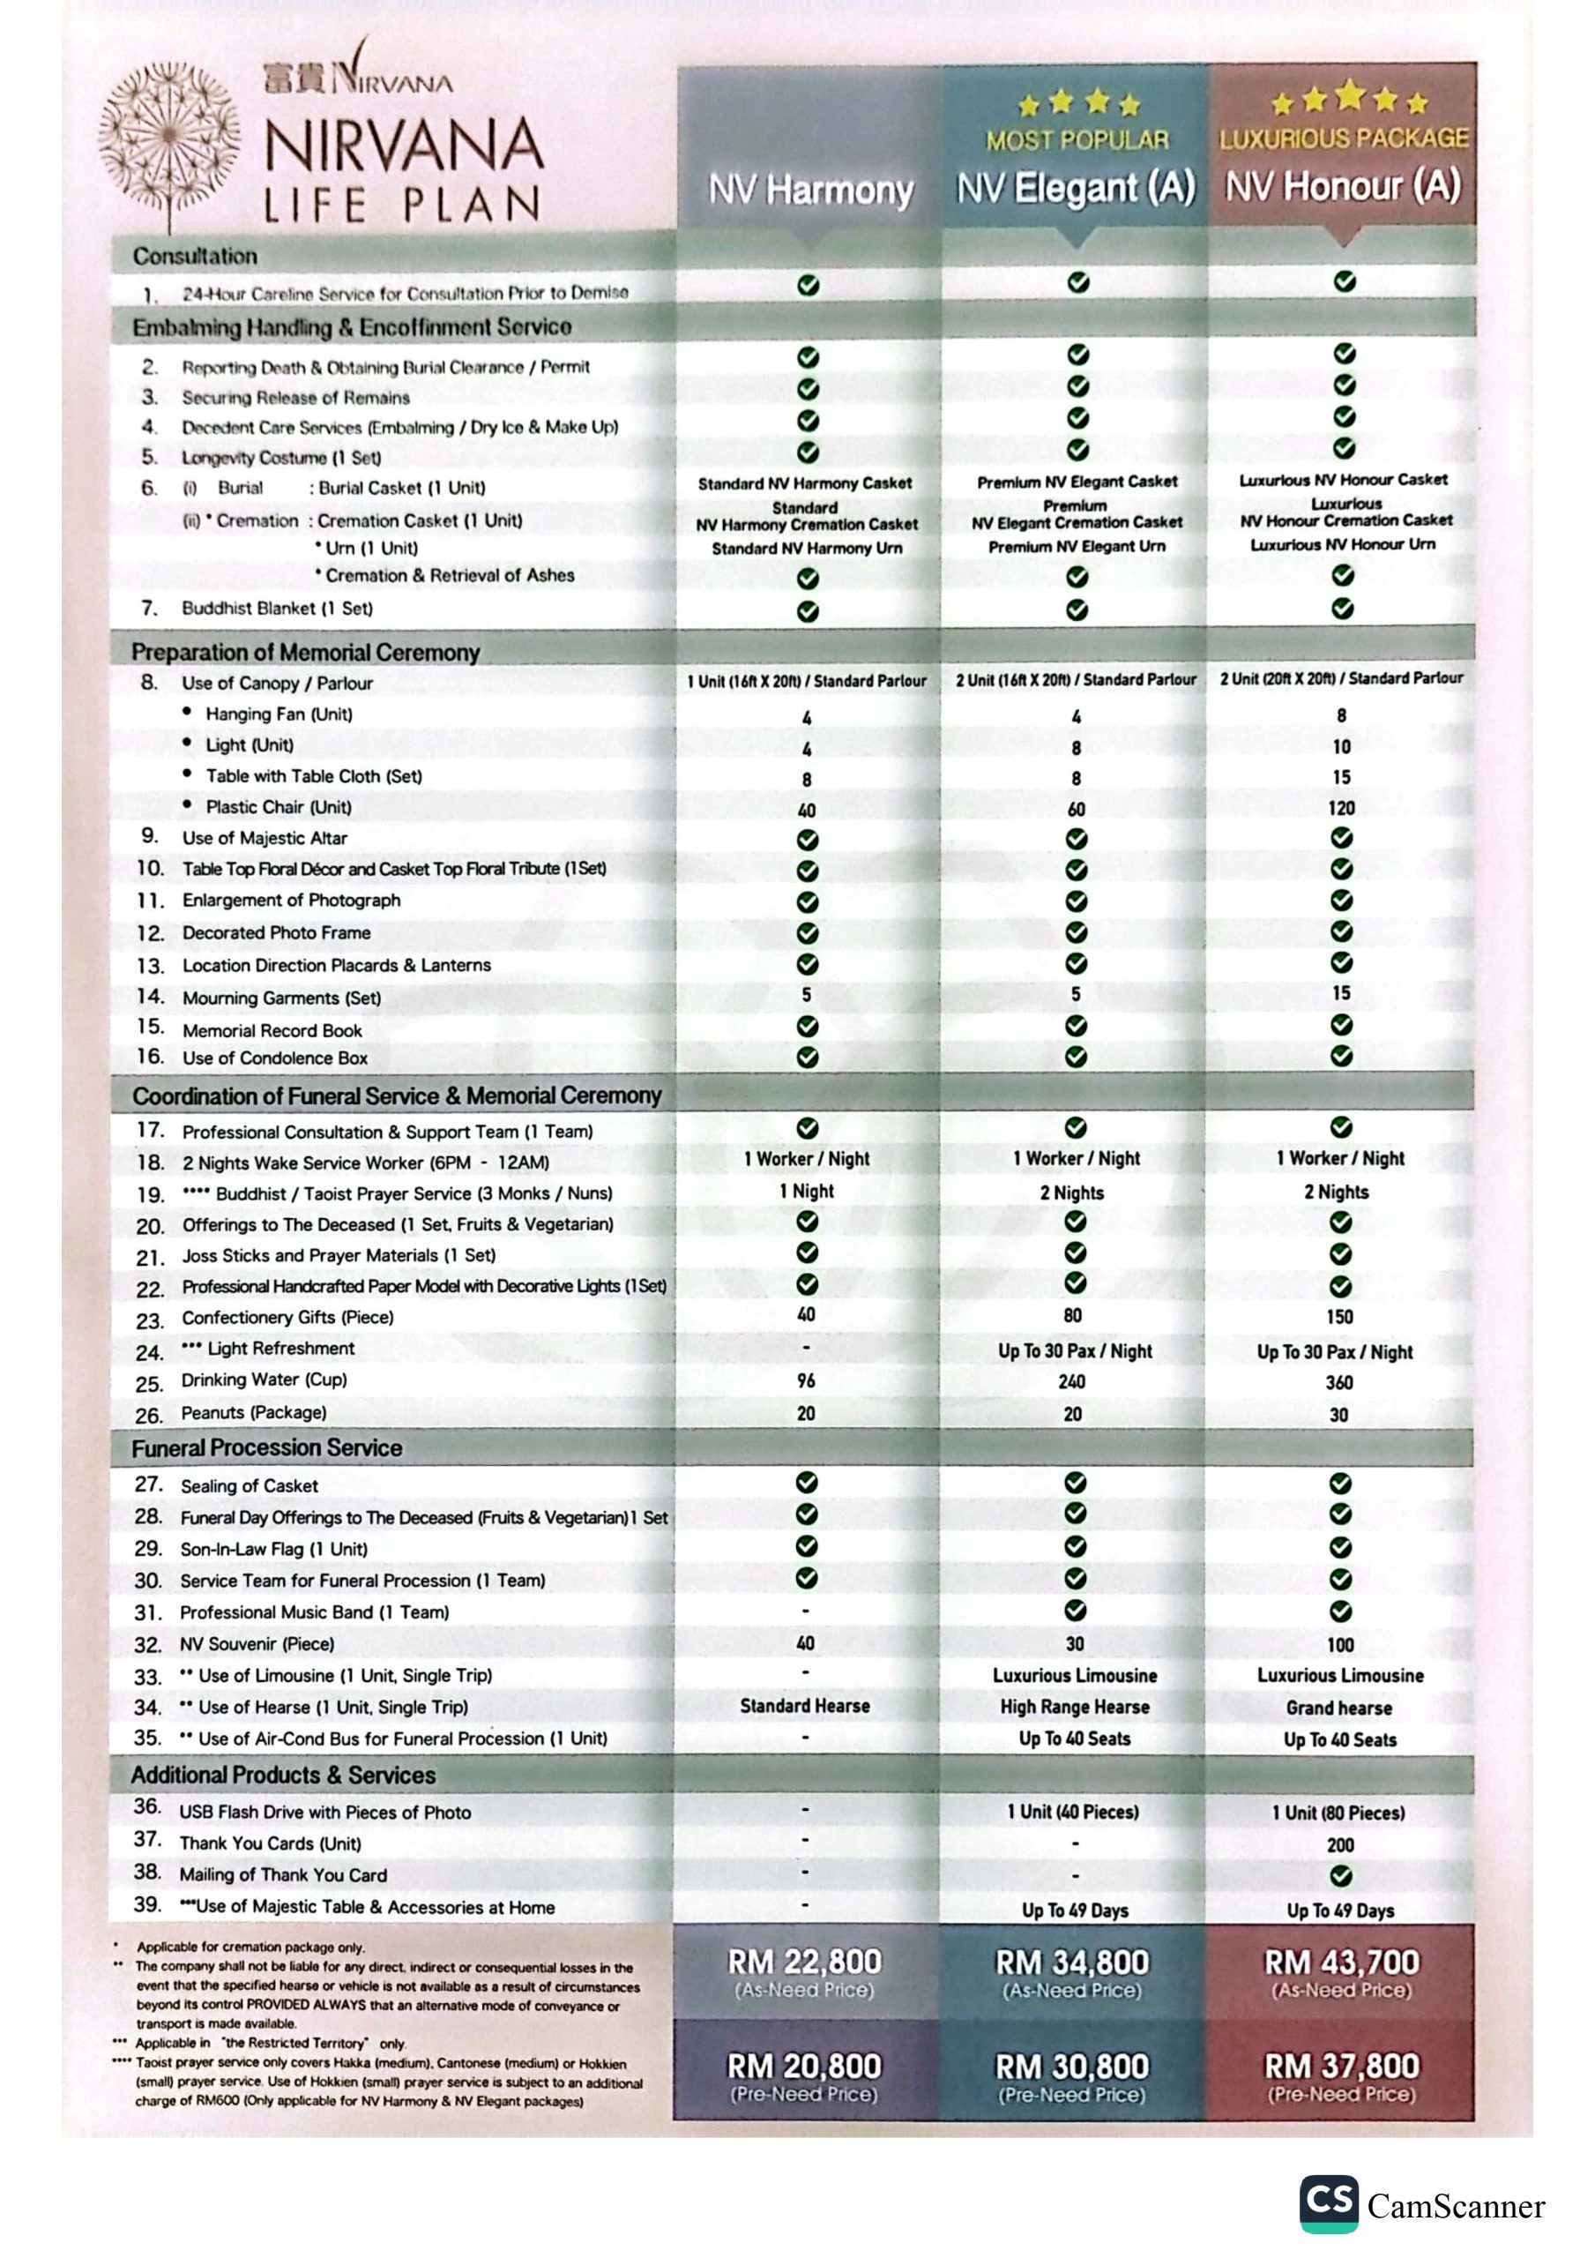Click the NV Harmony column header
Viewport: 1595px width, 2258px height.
[x=810, y=189]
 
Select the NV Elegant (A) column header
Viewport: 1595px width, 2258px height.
[x=1076, y=187]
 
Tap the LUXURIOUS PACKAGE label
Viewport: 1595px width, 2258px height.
[x=1343, y=138]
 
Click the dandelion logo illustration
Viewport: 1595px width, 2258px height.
[x=170, y=138]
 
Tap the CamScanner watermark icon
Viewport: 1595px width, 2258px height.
[x=1329, y=2204]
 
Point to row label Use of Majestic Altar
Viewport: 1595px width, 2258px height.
[x=265, y=838]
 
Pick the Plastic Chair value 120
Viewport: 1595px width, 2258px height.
[x=1341, y=809]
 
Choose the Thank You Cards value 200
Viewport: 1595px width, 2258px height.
[x=1340, y=1845]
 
